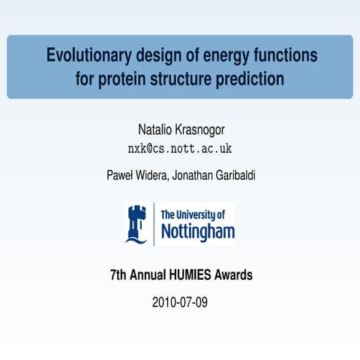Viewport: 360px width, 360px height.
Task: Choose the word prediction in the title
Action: tap(251, 78)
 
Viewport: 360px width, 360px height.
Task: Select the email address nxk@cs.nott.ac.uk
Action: tap(179, 148)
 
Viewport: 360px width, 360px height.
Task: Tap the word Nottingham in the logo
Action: tap(197, 232)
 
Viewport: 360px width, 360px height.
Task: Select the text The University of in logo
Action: tap(192, 214)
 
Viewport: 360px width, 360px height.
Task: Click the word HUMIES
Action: tap(187, 275)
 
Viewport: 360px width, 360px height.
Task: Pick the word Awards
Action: tap(233, 275)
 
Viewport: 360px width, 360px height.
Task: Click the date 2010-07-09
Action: tap(180, 303)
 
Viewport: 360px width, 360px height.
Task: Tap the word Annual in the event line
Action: tap(148, 275)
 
